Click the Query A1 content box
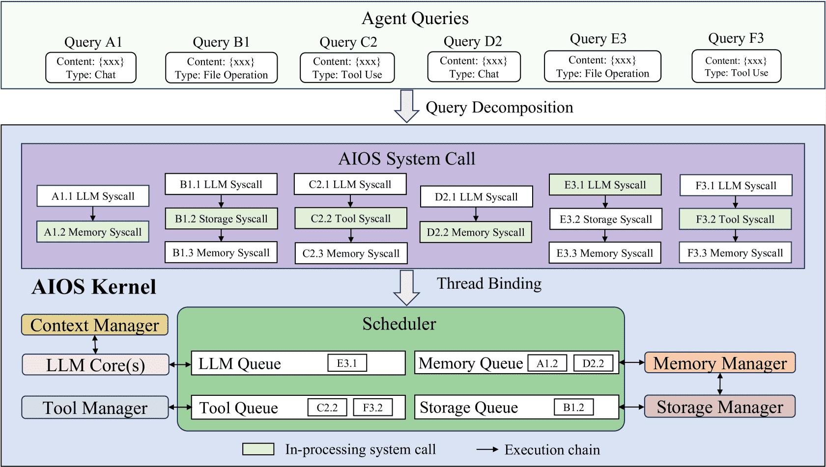coord(91,68)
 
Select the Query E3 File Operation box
coord(602,66)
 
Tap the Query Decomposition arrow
coord(406,106)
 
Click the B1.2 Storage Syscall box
coord(221,219)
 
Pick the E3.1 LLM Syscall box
coord(605,185)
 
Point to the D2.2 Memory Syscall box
coord(476,232)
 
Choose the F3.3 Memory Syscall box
coord(735,253)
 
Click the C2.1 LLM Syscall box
coord(350,184)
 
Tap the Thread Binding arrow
coord(406,288)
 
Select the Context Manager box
coord(95,325)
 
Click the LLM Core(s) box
coord(95,365)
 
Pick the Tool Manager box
coord(95,408)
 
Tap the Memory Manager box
coord(720,363)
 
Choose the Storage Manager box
coord(720,407)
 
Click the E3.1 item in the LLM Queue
coord(347,363)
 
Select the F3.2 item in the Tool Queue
coord(373,407)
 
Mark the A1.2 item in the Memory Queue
coord(547,363)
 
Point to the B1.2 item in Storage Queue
coord(574,407)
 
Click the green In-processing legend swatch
coord(258,449)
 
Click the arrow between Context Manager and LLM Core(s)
coord(95,345)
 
